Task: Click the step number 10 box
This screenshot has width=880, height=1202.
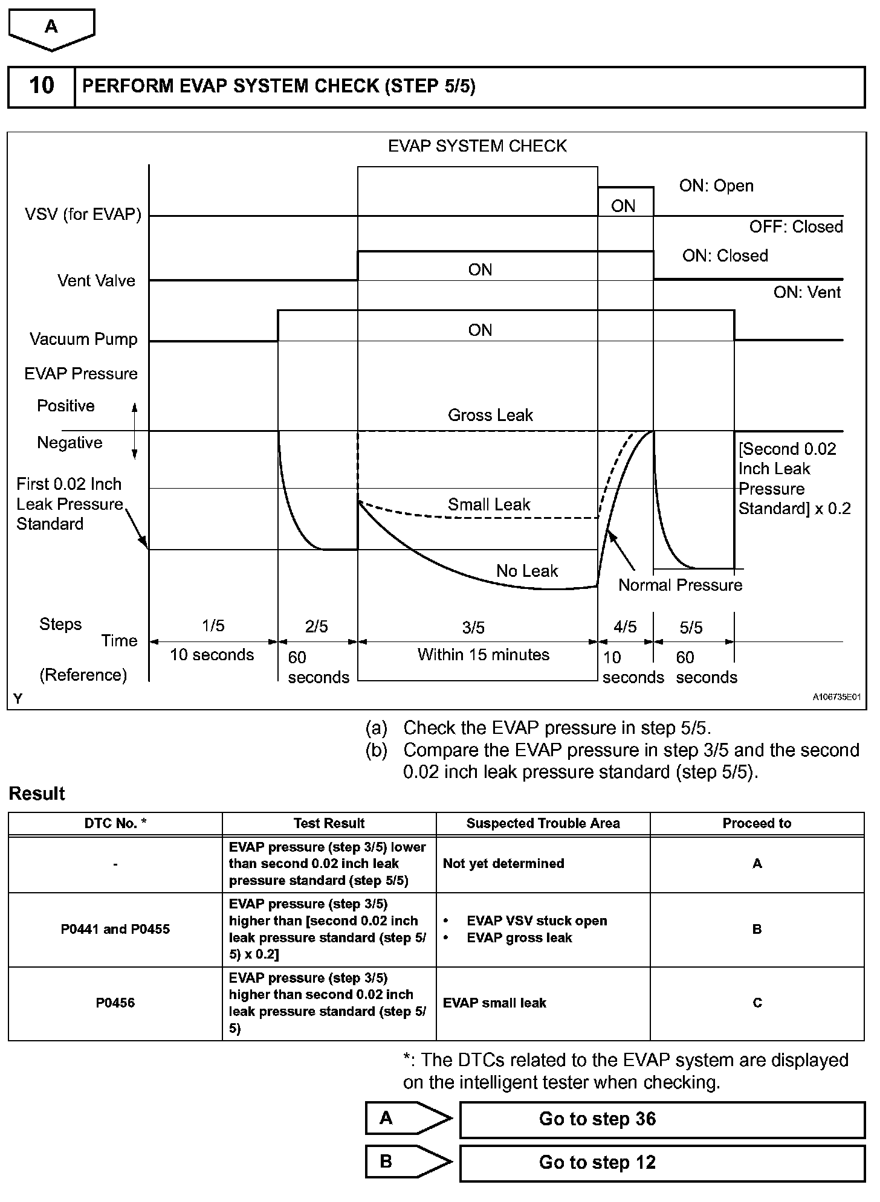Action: pyautogui.click(x=41, y=86)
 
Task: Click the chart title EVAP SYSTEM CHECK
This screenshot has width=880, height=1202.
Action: pyautogui.click(x=477, y=146)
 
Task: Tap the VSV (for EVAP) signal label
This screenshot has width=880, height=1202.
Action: pyautogui.click(x=83, y=214)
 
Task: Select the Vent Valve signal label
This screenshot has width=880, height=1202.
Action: pyautogui.click(x=96, y=280)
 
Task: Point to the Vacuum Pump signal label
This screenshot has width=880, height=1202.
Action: pyautogui.click(x=83, y=339)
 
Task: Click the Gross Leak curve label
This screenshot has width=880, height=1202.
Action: pyautogui.click(x=490, y=415)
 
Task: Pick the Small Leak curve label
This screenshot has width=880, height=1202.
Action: pyautogui.click(x=488, y=504)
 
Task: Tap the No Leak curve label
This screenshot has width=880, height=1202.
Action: pyautogui.click(x=527, y=571)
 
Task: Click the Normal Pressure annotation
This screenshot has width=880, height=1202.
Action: pyautogui.click(x=680, y=585)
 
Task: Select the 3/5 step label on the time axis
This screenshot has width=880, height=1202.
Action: pyautogui.click(x=473, y=628)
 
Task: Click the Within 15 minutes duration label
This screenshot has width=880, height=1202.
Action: pyautogui.click(x=483, y=655)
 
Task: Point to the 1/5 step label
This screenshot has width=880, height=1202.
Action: pyautogui.click(x=213, y=626)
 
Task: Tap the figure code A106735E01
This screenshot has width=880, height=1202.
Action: pyautogui.click(x=836, y=697)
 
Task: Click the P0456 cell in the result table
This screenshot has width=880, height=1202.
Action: pyautogui.click(x=115, y=1003)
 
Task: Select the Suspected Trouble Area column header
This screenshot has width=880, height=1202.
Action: pyautogui.click(x=543, y=823)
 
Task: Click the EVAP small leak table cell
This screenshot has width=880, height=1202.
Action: pyautogui.click(x=494, y=1003)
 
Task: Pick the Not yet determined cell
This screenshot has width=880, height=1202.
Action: pyautogui.click(x=503, y=864)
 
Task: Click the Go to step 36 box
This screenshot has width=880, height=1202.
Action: pyautogui.click(x=662, y=1119)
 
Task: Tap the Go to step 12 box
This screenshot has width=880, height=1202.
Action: pyautogui.click(x=662, y=1163)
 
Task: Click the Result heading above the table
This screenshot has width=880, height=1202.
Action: pyautogui.click(x=37, y=793)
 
